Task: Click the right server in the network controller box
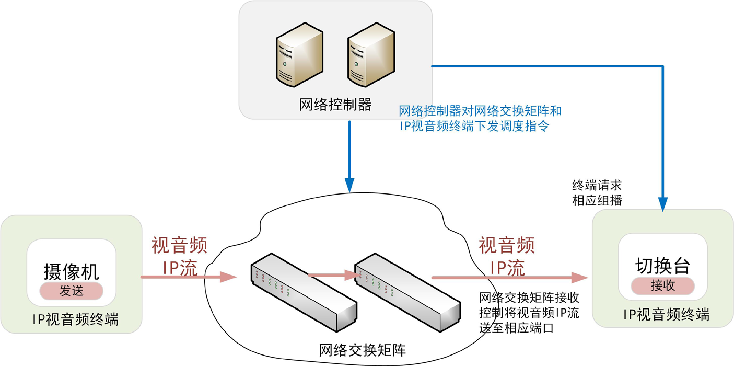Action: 371,54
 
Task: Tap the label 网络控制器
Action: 335,105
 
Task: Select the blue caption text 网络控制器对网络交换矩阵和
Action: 480,111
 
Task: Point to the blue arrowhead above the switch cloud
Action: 349,185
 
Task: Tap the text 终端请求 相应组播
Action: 597,193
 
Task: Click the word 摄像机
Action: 71,271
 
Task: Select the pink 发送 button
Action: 71,291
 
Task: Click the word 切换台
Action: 662,266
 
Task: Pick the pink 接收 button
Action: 662,286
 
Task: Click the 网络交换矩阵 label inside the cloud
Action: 362,349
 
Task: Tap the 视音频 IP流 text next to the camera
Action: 180,256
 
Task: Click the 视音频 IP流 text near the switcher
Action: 507,256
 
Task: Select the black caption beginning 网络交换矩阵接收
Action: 529,313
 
